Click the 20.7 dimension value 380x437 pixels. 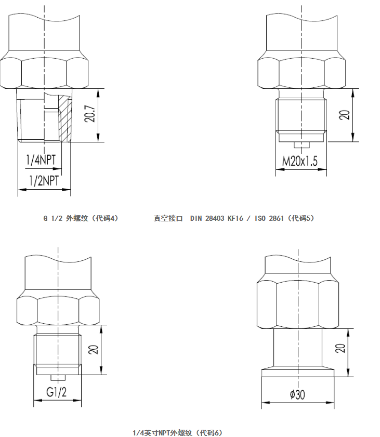coord(89,114)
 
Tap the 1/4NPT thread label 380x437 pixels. coord(41,160)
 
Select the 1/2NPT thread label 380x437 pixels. coord(44,181)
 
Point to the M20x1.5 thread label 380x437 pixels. coord(300,161)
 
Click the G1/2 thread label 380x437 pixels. coord(56,392)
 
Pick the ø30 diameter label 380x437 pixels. coord(297,394)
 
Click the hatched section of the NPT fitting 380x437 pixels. coord(65,118)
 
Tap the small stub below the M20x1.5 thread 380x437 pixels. coord(302,145)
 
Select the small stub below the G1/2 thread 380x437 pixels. coord(58,378)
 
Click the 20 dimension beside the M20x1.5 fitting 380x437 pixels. coord(344,115)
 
